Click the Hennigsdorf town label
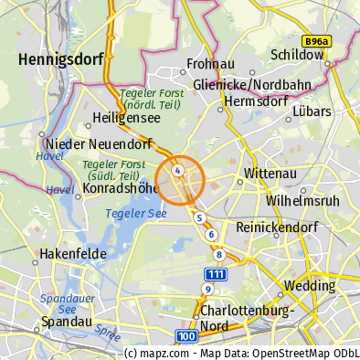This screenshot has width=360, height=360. [x=58, y=60]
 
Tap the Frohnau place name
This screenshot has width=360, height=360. [x=211, y=64]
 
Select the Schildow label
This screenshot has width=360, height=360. [x=298, y=55]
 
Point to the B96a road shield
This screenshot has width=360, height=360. [x=317, y=41]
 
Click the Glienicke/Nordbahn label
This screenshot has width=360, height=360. [x=253, y=85]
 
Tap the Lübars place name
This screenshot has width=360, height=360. [x=312, y=111]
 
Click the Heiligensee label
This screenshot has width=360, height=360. [x=124, y=118]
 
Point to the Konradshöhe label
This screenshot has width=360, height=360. [x=115, y=188]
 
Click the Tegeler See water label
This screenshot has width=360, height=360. [x=136, y=213]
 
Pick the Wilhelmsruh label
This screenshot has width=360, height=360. [x=302, y=199]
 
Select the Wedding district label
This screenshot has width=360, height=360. [x=309, y=285]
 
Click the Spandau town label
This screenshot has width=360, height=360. [x=66, y=323]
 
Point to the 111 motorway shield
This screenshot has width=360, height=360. [x=216, y=274]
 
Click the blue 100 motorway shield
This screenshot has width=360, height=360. [x=186, y=337]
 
